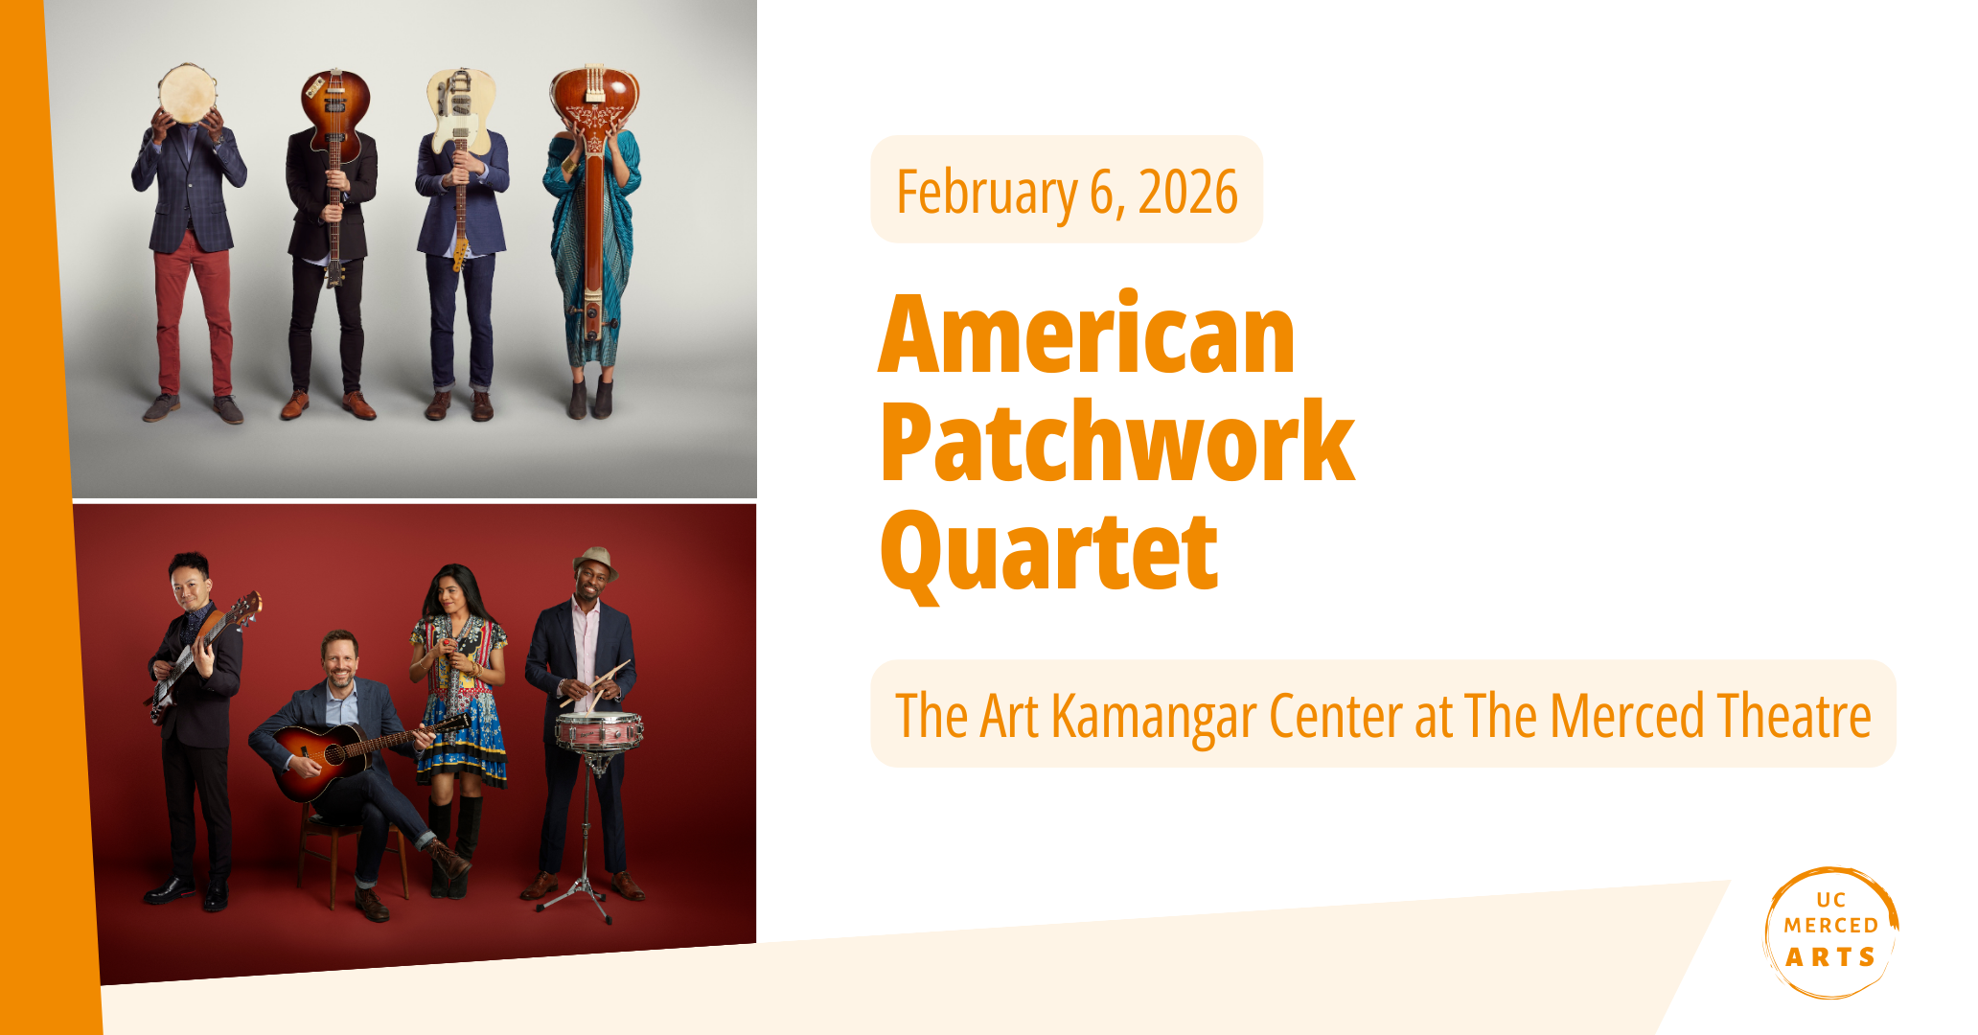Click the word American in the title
pyautogui.click(x=1087, y=334)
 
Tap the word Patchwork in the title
pyautogui.click(x=1117, y=443)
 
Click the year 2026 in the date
pyautogui.click(x=1188, y=193)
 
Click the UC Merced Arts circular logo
pyautogui.click(x=1831, y=931)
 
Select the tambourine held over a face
pyautogui.click(x=188, y=93)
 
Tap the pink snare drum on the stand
pyautogui.click(x=599, y=731)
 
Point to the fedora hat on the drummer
pyautogui.click(x=594, y=561)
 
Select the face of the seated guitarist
pyautogui.click(x=339, y=660)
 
